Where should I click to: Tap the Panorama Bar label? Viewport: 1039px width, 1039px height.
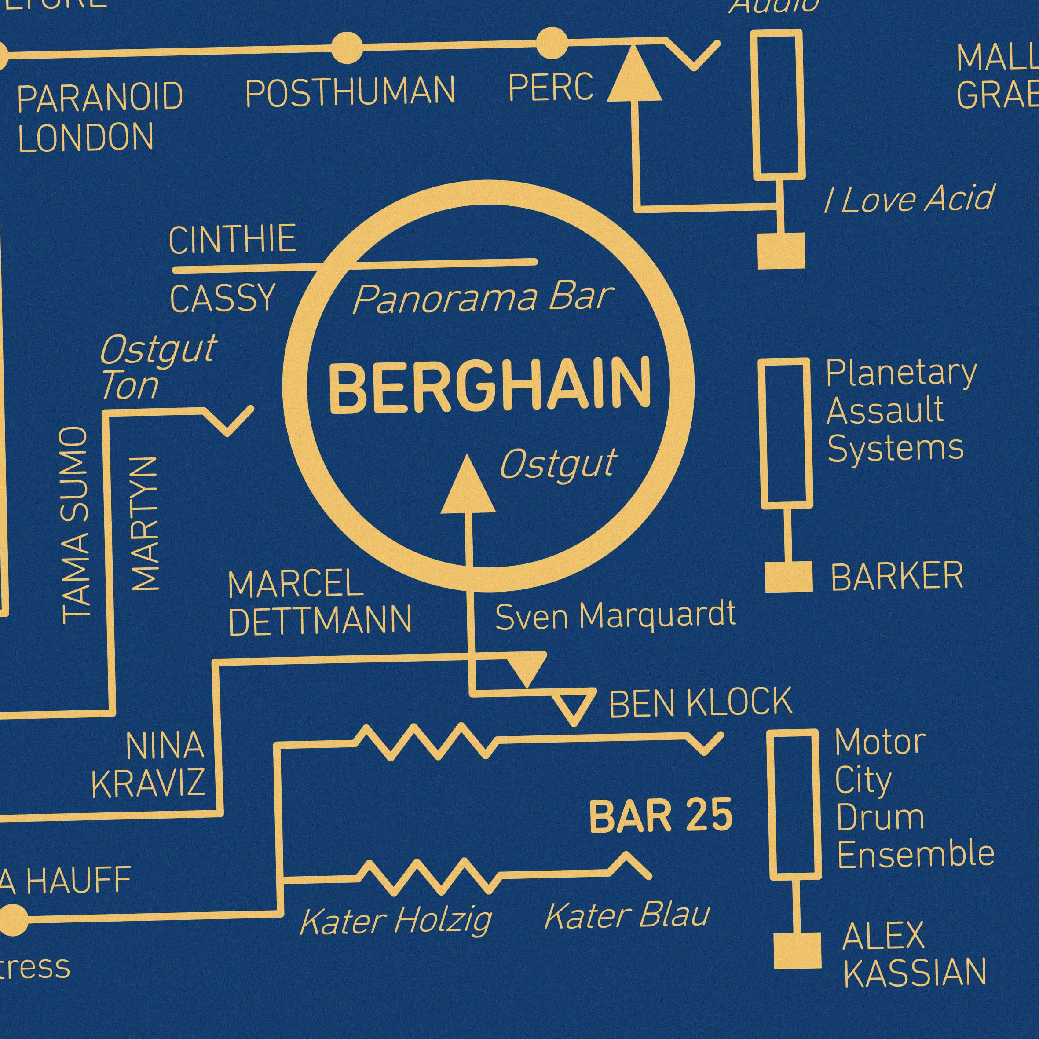click(x=483, y=299)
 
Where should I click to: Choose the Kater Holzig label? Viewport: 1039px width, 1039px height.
click(x=395, y=920)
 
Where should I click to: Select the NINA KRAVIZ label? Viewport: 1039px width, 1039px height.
click(x=148, y=764)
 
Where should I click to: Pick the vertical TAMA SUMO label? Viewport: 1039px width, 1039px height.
click(x=75, y=525)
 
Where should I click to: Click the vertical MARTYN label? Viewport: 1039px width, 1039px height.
click(x=146, y=524)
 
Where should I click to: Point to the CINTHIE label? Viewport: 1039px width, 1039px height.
click(x=232, y=239)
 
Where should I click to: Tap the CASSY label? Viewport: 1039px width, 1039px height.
click(x=222, y=299)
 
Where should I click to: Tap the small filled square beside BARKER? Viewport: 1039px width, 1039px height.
click(x=788, y=577)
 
